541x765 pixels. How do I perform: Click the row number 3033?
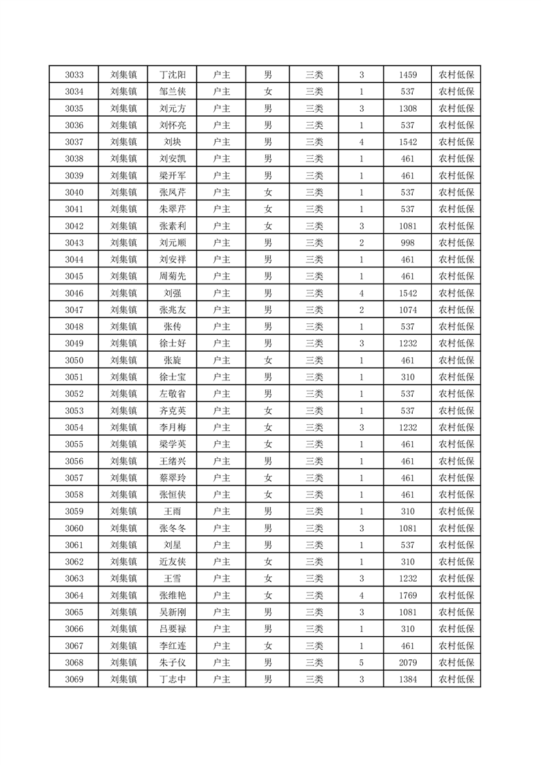click(x=74, y=75)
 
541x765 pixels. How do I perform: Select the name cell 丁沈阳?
click(x=172, y=75)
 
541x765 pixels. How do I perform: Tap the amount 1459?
click(x=408, y=75)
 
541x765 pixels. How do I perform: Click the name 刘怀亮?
click(x=172, y=125)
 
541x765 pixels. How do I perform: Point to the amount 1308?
click(x=408, y=108)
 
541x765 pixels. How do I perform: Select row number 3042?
click(x=74, y=226)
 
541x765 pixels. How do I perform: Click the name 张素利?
click(x=172, y=226)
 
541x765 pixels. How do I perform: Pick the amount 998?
click(x=408, y=243)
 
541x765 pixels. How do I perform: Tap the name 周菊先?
click(x=172, y=276)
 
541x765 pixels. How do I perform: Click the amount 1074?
click(x=408, y=310)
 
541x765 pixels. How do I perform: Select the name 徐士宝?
click(x=172, y=377)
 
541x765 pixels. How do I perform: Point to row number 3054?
click(x=74, y=427)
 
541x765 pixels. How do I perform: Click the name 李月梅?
click(x=172, y=427)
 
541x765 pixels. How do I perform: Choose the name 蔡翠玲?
click(x=172, y=478)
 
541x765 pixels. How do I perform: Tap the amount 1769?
click(x=408, y=595)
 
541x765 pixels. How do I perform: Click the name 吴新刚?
click(x=172, y=612)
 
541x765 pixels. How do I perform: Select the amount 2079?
click(x=408, y=663)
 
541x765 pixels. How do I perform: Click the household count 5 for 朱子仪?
click(x=361, y=663)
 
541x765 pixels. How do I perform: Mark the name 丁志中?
click(x=172, y=679)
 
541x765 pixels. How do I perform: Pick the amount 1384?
click(x=408, y=679)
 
